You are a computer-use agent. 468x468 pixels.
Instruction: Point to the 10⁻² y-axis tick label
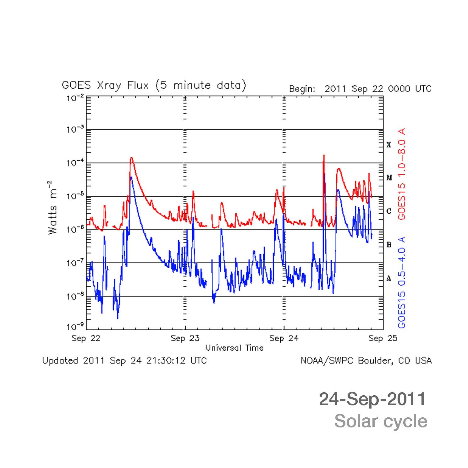(75, 98)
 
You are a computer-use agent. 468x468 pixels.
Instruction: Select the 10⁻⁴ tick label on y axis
(75, 163)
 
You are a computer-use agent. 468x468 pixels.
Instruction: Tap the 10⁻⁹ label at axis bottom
(75, 327)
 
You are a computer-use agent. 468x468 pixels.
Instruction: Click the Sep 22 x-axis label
(86, 338)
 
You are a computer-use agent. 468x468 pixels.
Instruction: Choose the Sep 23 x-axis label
(185, 338)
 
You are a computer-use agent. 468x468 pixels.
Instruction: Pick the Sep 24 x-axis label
(284, 338)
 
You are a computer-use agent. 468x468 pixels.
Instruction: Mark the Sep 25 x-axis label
(383, 338)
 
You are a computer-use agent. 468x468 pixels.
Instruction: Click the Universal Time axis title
(234, 348)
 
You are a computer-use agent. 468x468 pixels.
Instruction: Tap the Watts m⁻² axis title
(52, 207)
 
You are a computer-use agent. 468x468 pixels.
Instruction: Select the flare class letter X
(389, 145)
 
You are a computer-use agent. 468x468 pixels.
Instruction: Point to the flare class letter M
(389, 178)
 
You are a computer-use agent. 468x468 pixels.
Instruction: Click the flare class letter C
(389, 211)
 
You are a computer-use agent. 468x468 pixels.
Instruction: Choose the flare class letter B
(389, 245)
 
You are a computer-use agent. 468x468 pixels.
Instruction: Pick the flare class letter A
(389, 278)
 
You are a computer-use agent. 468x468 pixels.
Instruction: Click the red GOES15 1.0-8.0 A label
(401, 174)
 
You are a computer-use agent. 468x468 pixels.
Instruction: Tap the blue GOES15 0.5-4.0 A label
(401, 282)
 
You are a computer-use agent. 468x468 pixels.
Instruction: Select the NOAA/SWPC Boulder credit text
(366, 360)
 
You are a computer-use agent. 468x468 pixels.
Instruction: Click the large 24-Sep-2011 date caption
(372, 399)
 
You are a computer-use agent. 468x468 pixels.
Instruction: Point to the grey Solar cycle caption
(381, 421)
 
